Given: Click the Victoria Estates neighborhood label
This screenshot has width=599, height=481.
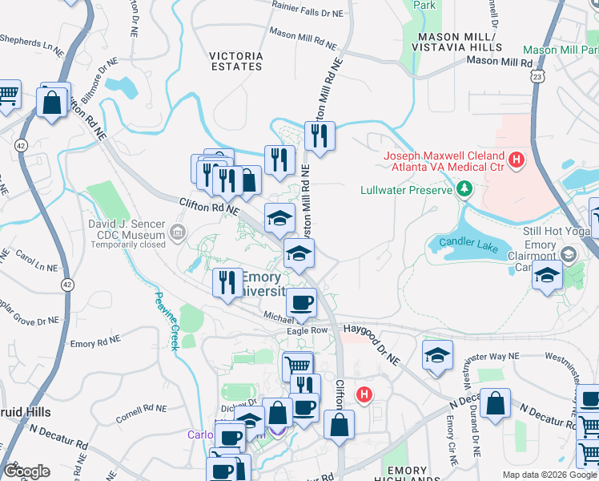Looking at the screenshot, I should click(x=235, y=62).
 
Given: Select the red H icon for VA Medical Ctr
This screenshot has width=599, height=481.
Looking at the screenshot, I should click(x=517, y=160).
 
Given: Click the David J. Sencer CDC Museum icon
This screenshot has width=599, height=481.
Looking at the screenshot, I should click(x=177, y=233).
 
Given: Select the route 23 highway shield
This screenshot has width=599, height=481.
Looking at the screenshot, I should click(x=539, y=76).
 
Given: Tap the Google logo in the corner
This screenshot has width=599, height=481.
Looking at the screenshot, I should click(x=26, y=471).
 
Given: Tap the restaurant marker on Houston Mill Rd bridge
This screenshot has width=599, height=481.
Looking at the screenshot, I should click(x=320, y=135).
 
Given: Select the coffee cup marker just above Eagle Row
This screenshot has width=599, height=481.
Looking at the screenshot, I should click(x=301, y=303).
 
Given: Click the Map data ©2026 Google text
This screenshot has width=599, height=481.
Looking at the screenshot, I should click(x=549, y=475).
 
